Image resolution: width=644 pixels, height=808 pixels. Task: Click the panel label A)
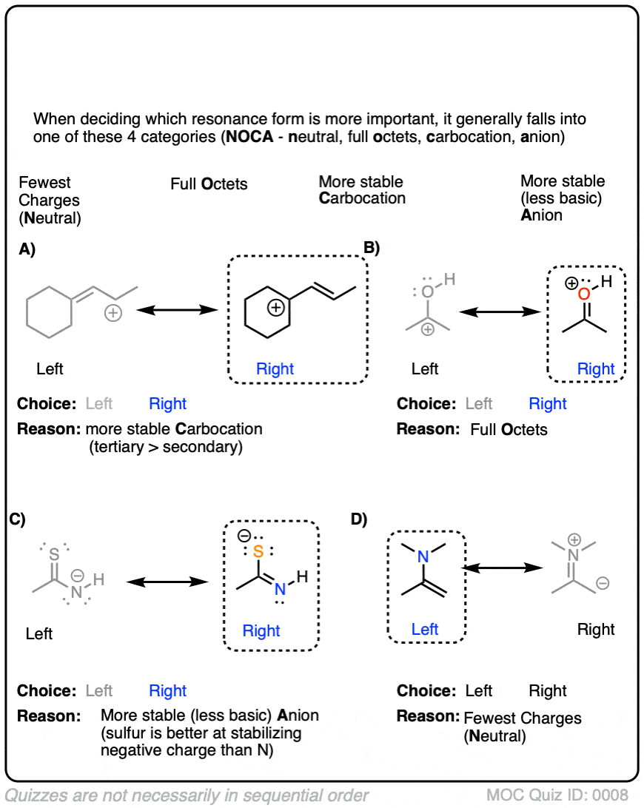pyautogui.click(x=27, y=249)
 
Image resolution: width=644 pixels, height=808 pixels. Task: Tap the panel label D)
pyautogui.click(x=359, y=519)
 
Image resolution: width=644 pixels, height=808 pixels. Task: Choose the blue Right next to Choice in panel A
pyautogui.click(x=167, y=404)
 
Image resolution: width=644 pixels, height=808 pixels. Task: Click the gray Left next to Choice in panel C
pyautogui.click(x=99, y=691)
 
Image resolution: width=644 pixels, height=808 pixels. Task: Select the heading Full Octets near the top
pyautogui.click(x=209, y=184)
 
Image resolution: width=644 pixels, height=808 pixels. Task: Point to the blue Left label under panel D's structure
pyautogui.click(x=425, y=629)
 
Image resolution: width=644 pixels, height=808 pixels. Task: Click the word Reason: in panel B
pyautogui.click(x=426, y=429)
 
